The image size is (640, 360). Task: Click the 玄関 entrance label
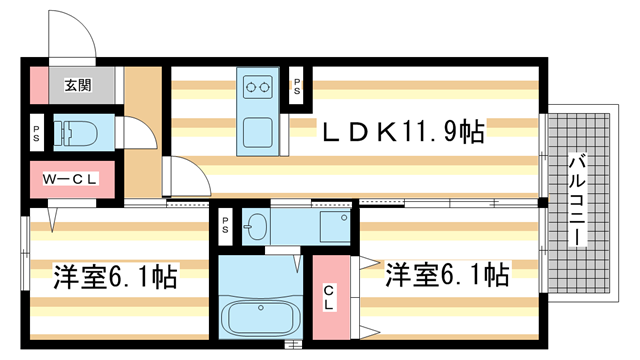coord(79,85)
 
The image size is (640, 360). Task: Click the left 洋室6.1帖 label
coord(115,276)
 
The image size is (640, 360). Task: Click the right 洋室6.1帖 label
coord(448,274)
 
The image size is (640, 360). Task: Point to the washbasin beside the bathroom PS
coord(257,226)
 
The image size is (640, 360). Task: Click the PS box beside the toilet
coord(36,131)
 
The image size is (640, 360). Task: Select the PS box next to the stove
coord(298,86)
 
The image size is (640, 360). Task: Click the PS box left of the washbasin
coord(226,226)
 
